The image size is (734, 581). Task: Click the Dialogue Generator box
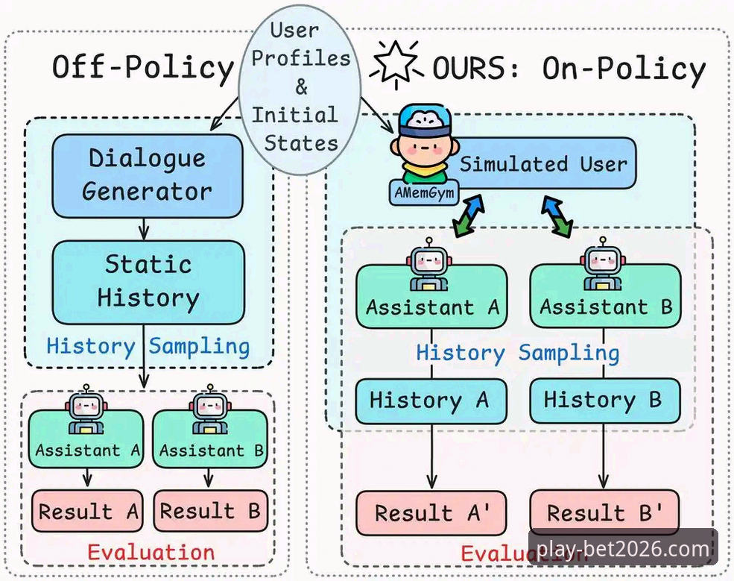click(x=148, y=176)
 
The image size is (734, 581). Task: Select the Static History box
click(x=148, y=282)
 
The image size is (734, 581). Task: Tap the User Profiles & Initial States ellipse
click(x=300, y=89)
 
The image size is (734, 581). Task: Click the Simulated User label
click(x=543, y=164)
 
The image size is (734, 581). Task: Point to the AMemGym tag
click(x=424, y=192)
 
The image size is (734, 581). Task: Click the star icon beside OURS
click(x=396, y=64)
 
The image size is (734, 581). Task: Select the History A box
click(x=431, y=401)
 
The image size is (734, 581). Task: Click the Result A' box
click(x=431, y=513)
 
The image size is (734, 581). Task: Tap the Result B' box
click(x=604, y=512)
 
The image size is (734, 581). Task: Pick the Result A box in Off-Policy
click(x=87, y=511)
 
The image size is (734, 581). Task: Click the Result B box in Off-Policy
click(x=211, y=511)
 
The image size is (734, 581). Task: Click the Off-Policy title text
click(x=143, y=68)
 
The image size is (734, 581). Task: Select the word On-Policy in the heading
click(x=624, y=69)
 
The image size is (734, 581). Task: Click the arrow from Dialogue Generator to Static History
click(x=144, y=230)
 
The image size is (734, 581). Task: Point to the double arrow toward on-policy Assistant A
click(x=468, y=216)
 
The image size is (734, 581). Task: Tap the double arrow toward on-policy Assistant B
click(x=557, y=216)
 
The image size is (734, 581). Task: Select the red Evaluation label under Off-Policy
click(x=151, y=553)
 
